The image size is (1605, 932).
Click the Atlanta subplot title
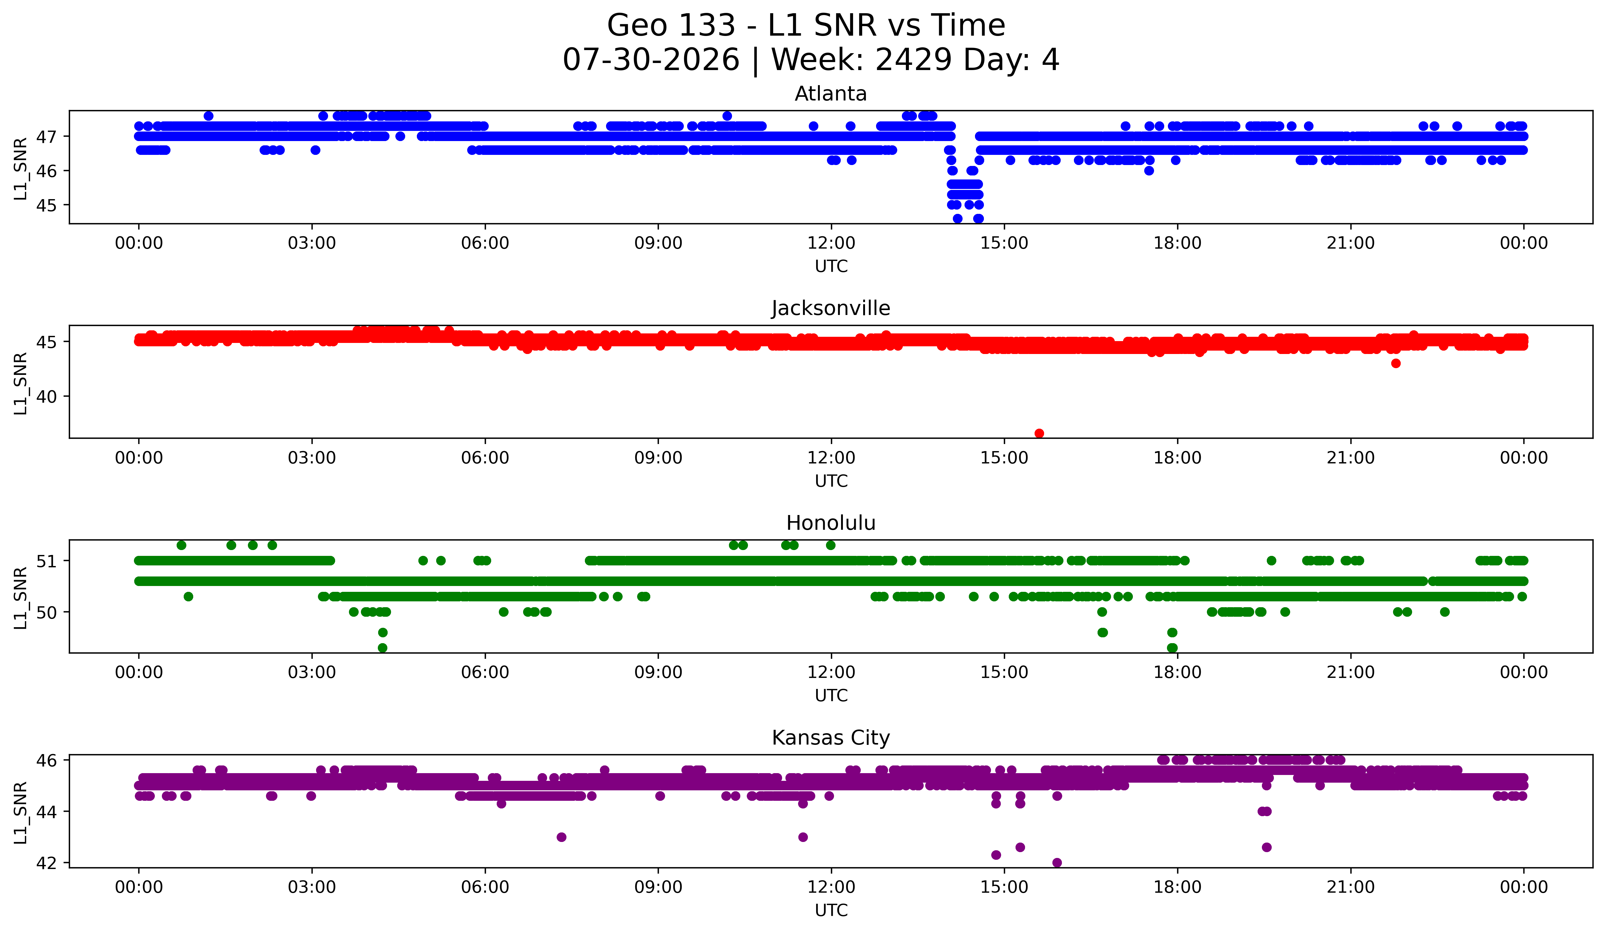(831, 94)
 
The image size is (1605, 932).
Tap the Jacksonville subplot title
(831, 308)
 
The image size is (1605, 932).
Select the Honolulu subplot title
(831, 523)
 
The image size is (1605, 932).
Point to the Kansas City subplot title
(831, 738)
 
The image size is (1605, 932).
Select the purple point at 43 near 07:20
(561, 837)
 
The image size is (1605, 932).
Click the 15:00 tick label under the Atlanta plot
(1004, 243)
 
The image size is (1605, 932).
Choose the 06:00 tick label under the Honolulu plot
(485, 673)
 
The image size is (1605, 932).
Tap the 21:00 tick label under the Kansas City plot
(1351, 887)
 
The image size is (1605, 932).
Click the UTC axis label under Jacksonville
(831, 481)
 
